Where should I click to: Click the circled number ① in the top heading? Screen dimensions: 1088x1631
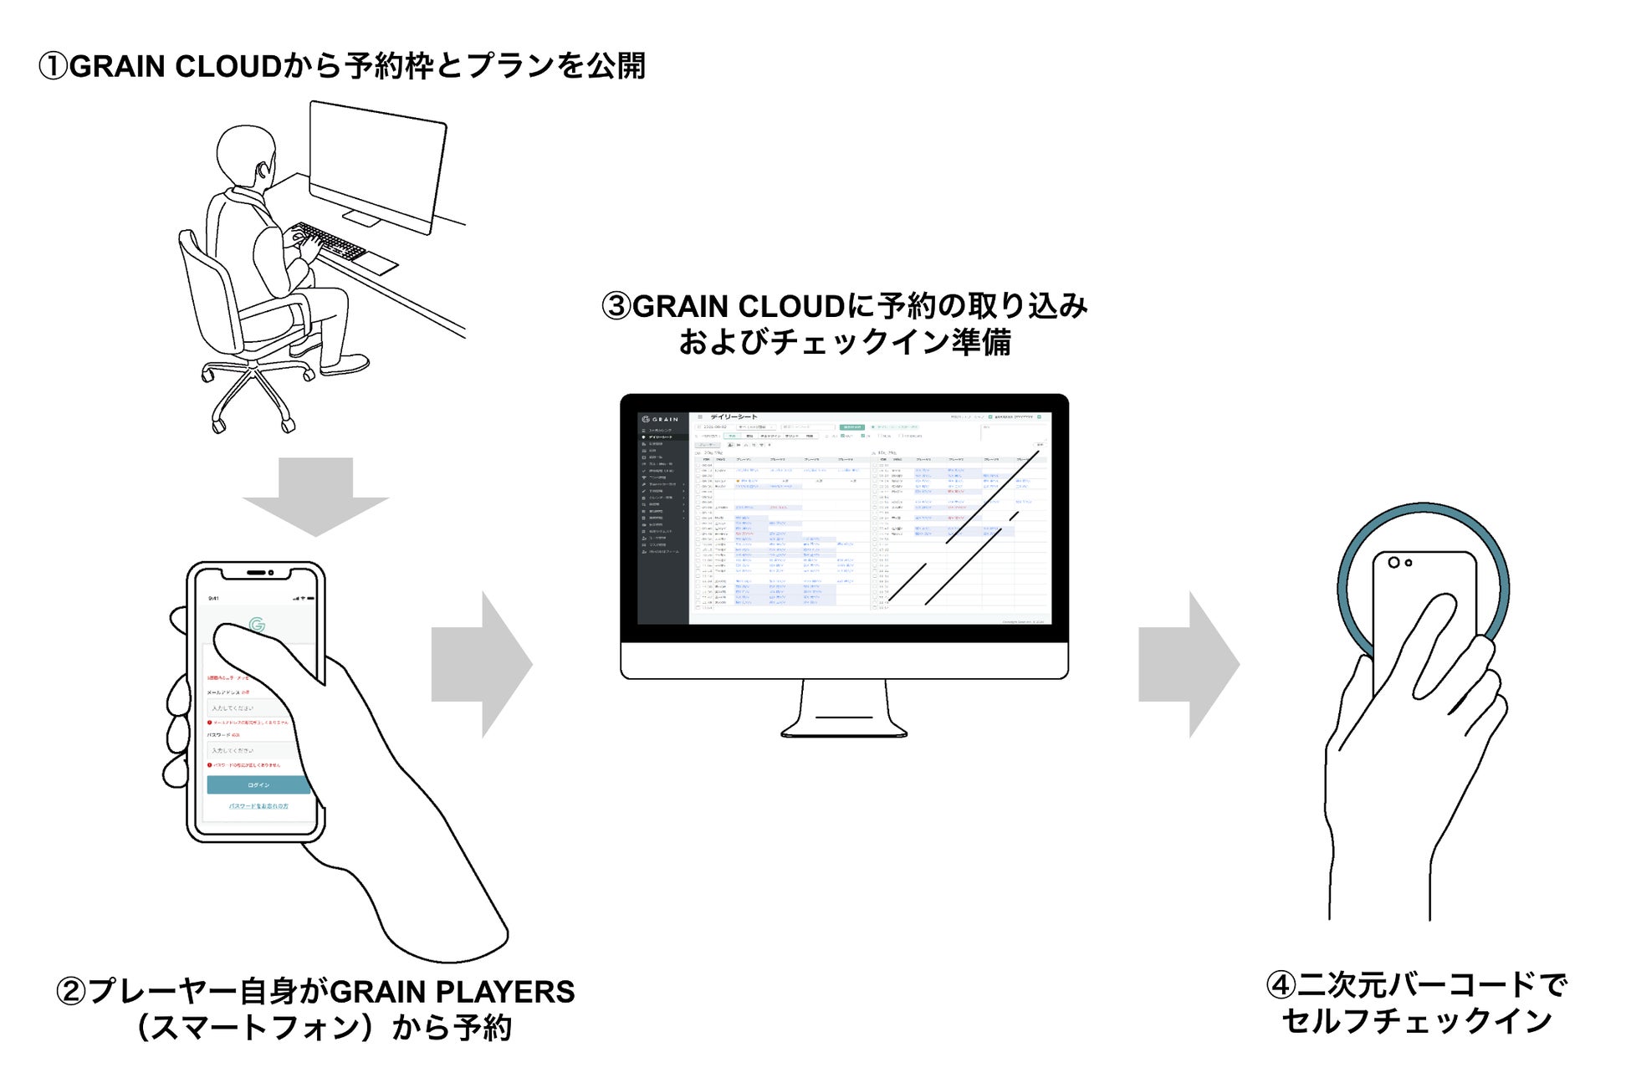click(53, 66)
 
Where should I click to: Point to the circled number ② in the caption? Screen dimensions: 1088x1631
click(70, 992)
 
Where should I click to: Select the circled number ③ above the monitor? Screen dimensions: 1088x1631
click(616, 306)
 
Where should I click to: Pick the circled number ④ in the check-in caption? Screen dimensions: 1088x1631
click(1281, 985)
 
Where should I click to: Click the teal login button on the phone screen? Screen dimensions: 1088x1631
click(258, 784)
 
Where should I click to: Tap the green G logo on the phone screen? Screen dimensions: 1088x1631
click(258, 624)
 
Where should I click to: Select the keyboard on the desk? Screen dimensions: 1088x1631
click(330, 243)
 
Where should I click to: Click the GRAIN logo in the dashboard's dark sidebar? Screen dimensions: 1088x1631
click(661, 419)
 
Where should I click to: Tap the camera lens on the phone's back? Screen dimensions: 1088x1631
click(1393, 562)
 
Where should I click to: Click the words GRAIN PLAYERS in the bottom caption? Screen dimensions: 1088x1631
click(452, 992)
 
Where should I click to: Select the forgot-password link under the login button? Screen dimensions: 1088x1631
click(258, 806)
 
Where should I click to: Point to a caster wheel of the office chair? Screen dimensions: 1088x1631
click(219, 427)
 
